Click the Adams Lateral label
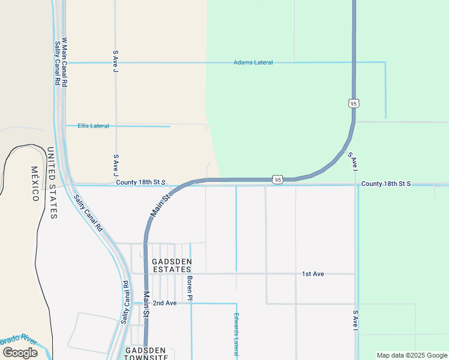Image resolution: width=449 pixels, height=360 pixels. tap(253, 62)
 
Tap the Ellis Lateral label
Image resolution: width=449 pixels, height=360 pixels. tap(93, 126)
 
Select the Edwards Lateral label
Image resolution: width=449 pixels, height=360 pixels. tap(237, 335)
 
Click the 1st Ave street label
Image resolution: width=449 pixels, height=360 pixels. tap(313, 274)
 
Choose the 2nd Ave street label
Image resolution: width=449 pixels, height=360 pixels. tap(164, 303)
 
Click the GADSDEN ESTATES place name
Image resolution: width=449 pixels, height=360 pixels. tap(172, 266)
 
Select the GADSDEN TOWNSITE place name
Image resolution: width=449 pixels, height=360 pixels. tap(146, 354)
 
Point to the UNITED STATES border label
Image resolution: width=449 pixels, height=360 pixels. tap(52, 183)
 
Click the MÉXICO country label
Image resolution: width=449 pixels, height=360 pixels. tap(35, 184)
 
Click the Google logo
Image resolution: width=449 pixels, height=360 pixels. tap(20, 353)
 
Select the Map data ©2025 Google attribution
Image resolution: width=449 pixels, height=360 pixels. tap(412, 355)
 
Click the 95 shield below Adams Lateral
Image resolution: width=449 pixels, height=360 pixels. tap(354, 103)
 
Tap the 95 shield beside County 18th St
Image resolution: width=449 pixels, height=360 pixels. tap(277, 179)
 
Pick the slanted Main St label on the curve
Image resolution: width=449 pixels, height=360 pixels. tap(160, 204)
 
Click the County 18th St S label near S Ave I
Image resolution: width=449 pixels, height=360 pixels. tap(386, 183)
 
